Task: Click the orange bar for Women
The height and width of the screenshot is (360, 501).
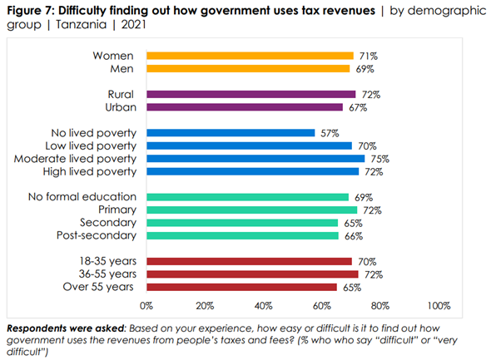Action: [x=250, y=56]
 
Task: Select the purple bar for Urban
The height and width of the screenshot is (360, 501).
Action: [x=245, y=107]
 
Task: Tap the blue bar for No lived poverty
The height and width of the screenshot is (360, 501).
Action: [x=231, y=133]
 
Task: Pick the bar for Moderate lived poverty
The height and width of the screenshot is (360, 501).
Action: [x=255, y=159]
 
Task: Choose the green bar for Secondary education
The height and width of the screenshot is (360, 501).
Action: [x=242, y=223]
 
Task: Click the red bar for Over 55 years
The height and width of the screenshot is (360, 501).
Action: [x=242, y=287]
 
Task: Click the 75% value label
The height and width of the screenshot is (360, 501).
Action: [x=380, y=159]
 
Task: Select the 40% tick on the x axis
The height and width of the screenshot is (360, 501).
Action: [x=264, y=304]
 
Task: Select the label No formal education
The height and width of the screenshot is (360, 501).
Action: [x=82, y=197]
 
